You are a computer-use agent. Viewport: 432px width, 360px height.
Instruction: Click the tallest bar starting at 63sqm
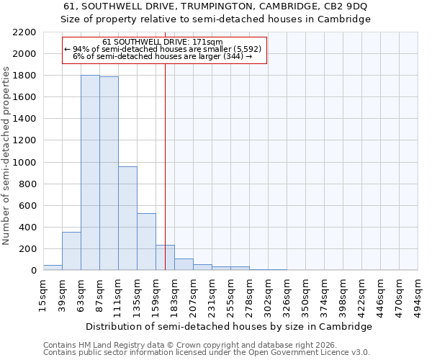click(90, 173)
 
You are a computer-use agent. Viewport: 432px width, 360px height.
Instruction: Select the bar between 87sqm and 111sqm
click(109, 174)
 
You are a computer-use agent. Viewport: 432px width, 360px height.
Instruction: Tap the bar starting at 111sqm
click(127, 218)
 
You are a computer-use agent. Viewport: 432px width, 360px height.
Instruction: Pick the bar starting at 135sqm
click(146, 242)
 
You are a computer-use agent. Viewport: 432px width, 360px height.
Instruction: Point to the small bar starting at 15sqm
click(53, 268)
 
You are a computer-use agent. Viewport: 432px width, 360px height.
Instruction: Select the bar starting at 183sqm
click(184, 264)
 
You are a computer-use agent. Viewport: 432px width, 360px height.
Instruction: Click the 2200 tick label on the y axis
click(24, 32)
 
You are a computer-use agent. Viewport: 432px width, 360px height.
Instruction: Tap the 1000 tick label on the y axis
click(24, 163)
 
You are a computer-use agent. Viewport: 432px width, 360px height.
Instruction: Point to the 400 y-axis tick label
click(27, 228)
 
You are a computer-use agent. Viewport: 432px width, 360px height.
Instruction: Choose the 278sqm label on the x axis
click(249, 294)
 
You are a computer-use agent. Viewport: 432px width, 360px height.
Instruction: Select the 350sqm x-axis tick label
click(305, 294)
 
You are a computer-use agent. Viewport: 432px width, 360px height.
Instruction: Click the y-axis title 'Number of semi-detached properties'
click(7, 156)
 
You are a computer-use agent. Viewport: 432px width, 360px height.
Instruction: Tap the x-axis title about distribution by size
click(230, 326)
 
